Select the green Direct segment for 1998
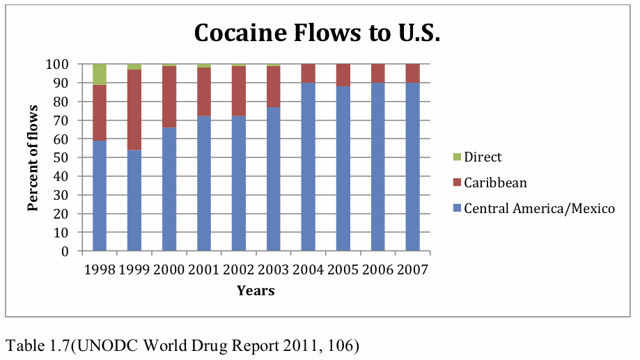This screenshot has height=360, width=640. [100, 74]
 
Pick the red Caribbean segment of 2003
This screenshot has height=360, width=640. [274, 86]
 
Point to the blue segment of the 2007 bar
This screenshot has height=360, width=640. [413, 166]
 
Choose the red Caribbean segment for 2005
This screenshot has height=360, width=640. [343, 75]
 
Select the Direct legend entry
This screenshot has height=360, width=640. [477, 157]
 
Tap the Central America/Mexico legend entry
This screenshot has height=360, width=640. [533, 208]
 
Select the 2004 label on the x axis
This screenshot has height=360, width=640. [309, 269]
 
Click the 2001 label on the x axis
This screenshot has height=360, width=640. [204, 269]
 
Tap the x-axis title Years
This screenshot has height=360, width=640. [256, 290]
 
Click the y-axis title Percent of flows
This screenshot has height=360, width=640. [32, 157]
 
